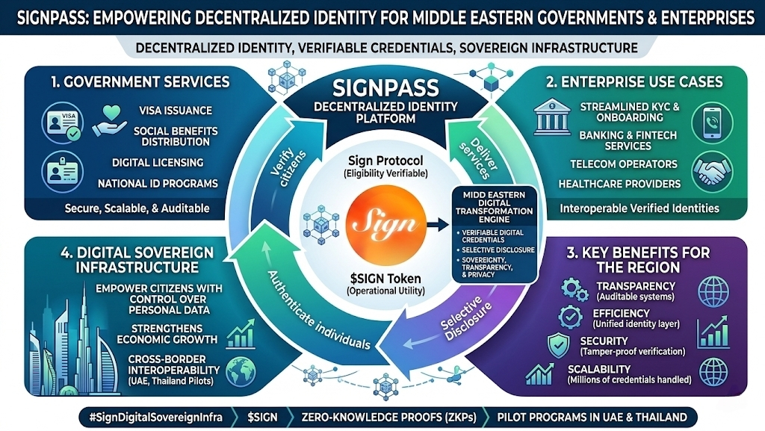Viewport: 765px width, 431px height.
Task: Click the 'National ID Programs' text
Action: [x=158, y=183]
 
